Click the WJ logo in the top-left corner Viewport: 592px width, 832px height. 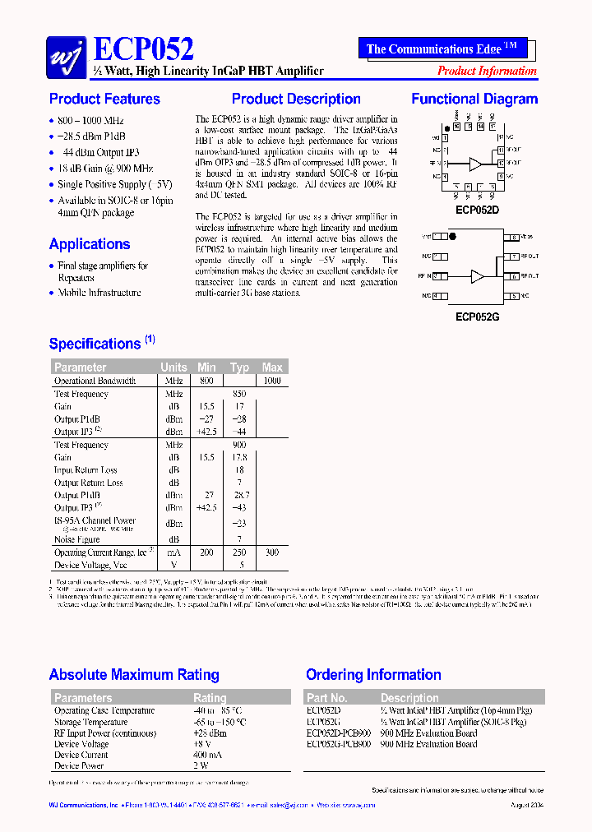66,53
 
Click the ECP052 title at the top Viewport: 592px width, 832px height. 145,49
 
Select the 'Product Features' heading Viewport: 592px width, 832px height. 104,99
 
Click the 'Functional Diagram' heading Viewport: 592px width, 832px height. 474,99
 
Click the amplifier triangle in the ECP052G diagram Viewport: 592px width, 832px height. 476,276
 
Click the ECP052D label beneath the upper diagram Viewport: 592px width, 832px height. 477,210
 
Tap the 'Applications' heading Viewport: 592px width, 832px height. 90,244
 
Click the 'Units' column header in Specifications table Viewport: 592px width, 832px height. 173,367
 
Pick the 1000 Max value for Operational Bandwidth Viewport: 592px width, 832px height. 272,381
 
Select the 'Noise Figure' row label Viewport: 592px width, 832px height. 77,539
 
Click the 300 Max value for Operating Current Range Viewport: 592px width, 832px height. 272,553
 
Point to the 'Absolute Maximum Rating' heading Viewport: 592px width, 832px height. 134,675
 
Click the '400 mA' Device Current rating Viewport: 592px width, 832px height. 207,755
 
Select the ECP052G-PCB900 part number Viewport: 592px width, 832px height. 339,744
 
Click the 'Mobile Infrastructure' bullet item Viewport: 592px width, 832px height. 99,292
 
